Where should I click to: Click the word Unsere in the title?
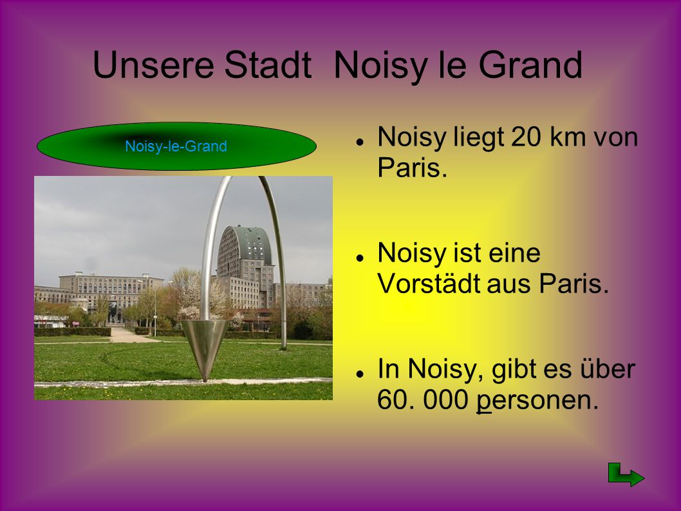tap(153, 65)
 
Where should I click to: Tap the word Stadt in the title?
tap(268, 65)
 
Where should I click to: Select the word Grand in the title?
tap(530, 65)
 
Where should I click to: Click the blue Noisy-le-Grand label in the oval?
tap(176, 146)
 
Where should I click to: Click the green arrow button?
tap(626, 475)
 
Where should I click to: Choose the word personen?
tap(537, 400)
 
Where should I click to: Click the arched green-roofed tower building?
tap(246, 266)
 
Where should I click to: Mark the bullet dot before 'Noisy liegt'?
tap(359, 142)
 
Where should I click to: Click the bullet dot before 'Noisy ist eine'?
tap(359, 258)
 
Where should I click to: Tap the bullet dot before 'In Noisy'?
tap(359, 374)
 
